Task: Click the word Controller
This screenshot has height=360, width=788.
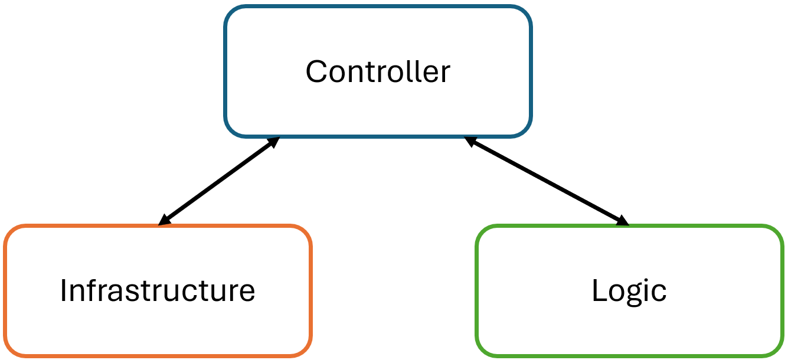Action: click(x=378, y=71)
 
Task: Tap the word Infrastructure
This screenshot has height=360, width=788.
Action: click(x=158, y=290)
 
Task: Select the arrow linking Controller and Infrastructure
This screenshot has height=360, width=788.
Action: click(x=219, y=181)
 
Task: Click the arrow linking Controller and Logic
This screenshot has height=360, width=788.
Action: click(x=547, y=181)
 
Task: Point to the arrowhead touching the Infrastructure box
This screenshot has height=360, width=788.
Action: click(x=164, y=220)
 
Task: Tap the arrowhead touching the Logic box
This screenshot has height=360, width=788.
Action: click(x=623, y=221)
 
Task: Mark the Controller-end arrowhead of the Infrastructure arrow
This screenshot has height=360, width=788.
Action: click(x=274, y=142)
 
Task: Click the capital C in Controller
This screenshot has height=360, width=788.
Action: click(x=316, y=72)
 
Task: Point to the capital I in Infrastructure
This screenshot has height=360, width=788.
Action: click(x=63, y=290)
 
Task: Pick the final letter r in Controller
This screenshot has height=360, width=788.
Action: click(x=446, y=74)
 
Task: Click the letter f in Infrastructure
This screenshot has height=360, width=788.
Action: click(x=93, y=290)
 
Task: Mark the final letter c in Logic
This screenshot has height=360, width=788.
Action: click(x=659, y=293)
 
